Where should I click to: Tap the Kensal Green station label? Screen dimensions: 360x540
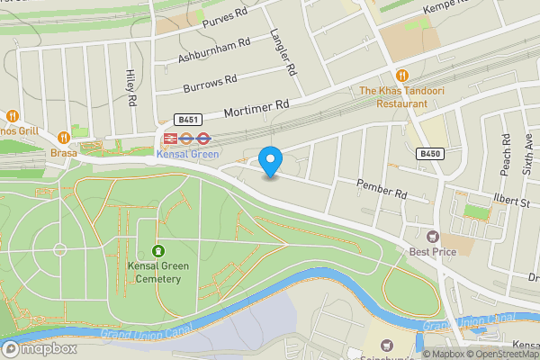click(188, 154)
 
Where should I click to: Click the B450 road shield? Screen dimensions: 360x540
click(430, 155)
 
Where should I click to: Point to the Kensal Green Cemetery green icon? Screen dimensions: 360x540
click(158, 251)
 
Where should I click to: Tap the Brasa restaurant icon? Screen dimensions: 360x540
click(63, 138)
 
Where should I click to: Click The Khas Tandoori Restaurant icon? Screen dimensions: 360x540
click(401, 76)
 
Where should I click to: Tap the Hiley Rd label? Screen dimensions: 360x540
click(131, 88)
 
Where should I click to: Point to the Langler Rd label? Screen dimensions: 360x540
click(283, 51)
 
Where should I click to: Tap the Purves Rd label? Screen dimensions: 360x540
click(224, 18)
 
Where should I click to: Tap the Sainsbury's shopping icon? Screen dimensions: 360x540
click(387, 346)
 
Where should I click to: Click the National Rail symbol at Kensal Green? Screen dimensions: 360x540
click(168, 139)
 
